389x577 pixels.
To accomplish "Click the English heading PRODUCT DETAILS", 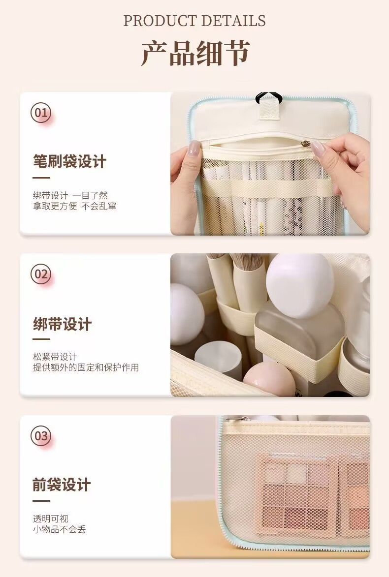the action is (194, 21).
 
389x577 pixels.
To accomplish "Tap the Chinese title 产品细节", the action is (195, 53).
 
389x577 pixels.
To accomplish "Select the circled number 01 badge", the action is (41, 112).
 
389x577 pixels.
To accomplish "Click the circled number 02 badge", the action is (41, 274).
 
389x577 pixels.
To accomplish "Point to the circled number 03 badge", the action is (41, 436).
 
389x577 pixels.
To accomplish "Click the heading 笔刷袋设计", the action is (69, 161).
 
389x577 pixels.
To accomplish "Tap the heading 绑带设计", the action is (62, 324).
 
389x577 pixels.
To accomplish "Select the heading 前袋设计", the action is (62, 485).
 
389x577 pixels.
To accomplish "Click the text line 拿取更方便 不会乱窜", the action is (74, 206).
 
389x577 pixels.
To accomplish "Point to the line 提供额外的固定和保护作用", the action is (86, 367).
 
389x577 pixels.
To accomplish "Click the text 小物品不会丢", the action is (59, 529).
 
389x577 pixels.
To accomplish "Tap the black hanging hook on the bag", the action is (269, 97).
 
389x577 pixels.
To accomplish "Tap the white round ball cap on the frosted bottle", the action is (300, 286).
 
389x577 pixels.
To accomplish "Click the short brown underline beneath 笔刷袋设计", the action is (41, 178).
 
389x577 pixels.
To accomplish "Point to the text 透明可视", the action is (50, 518).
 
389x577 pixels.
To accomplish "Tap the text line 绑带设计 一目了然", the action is (70, 195).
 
